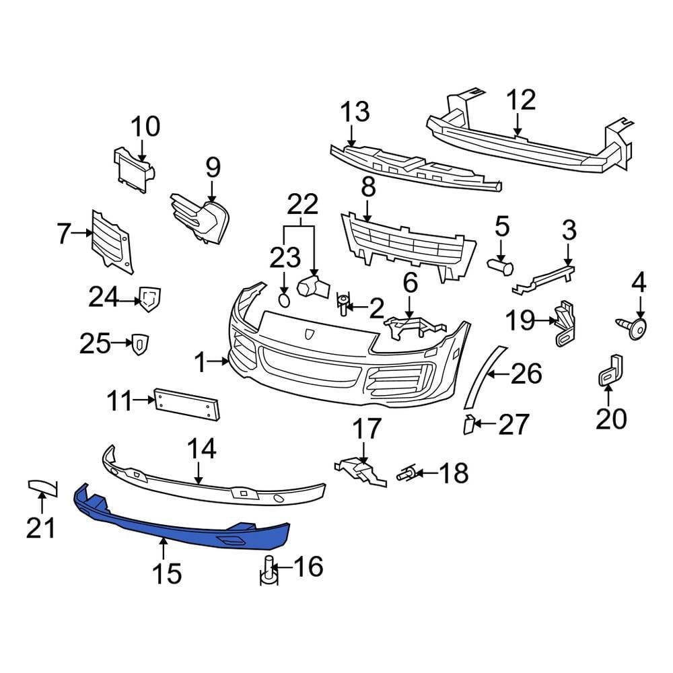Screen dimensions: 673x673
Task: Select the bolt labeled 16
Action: (x=267, y=569)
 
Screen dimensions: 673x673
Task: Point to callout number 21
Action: (x=40, y=528)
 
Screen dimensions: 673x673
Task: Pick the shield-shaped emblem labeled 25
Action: (x=139, y=344)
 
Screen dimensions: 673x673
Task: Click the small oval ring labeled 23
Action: (x=284, y=299)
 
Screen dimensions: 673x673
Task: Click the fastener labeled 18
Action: (x=406, y=474)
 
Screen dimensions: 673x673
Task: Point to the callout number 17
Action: (x=367, y=429)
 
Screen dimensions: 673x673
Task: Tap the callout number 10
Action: (x=145, y=127)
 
